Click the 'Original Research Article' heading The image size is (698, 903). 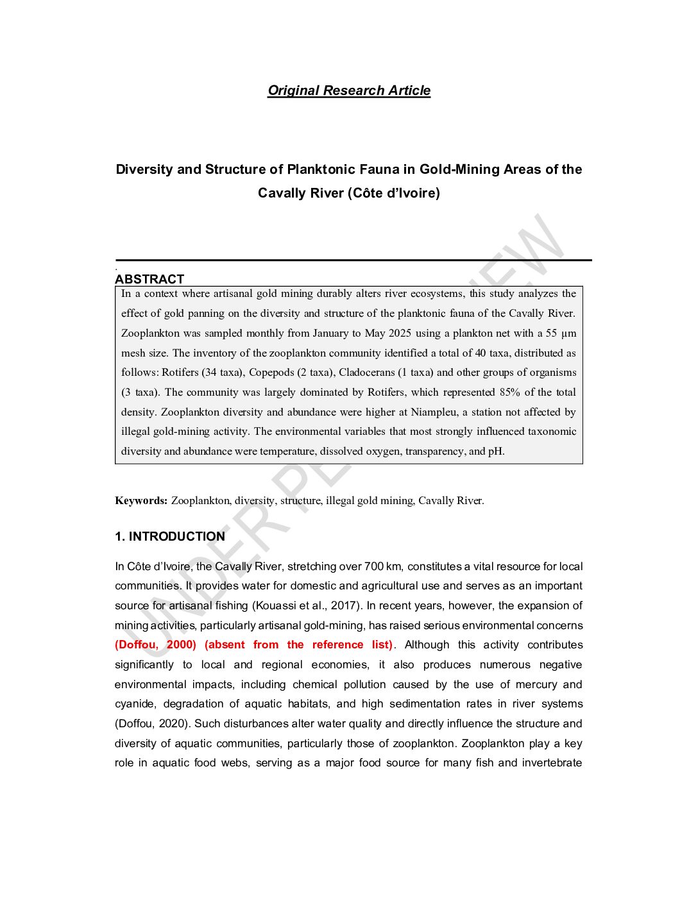pyautogui.click(x=349, y=90)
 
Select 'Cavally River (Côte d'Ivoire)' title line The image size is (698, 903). pyautogui.click(x=349, y=193)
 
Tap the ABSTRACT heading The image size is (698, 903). pyautogui.click(x=149, y=279)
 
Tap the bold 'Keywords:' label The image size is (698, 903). pyautogui.click(x=141, y=500)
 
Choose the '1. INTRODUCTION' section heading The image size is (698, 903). pyautogui.click(x=170, y=536)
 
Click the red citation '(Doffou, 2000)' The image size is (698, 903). pyautogui.click(x=155, y=645)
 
